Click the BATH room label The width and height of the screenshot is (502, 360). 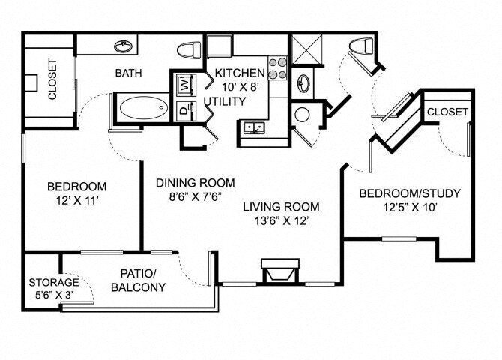[x=129, y=73]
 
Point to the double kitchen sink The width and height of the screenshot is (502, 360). [x=254, y=130]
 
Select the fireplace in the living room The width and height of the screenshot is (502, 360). [x=276, y=271]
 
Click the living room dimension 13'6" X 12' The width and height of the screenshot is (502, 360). [x=285, y=221]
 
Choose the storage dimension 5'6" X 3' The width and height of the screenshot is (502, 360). [x=54, y=295]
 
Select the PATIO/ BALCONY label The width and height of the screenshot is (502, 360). [x=138, y=280]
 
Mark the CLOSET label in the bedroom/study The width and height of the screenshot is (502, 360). [x=447, y=112]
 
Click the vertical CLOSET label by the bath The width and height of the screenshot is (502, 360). [x=52, y=79]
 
